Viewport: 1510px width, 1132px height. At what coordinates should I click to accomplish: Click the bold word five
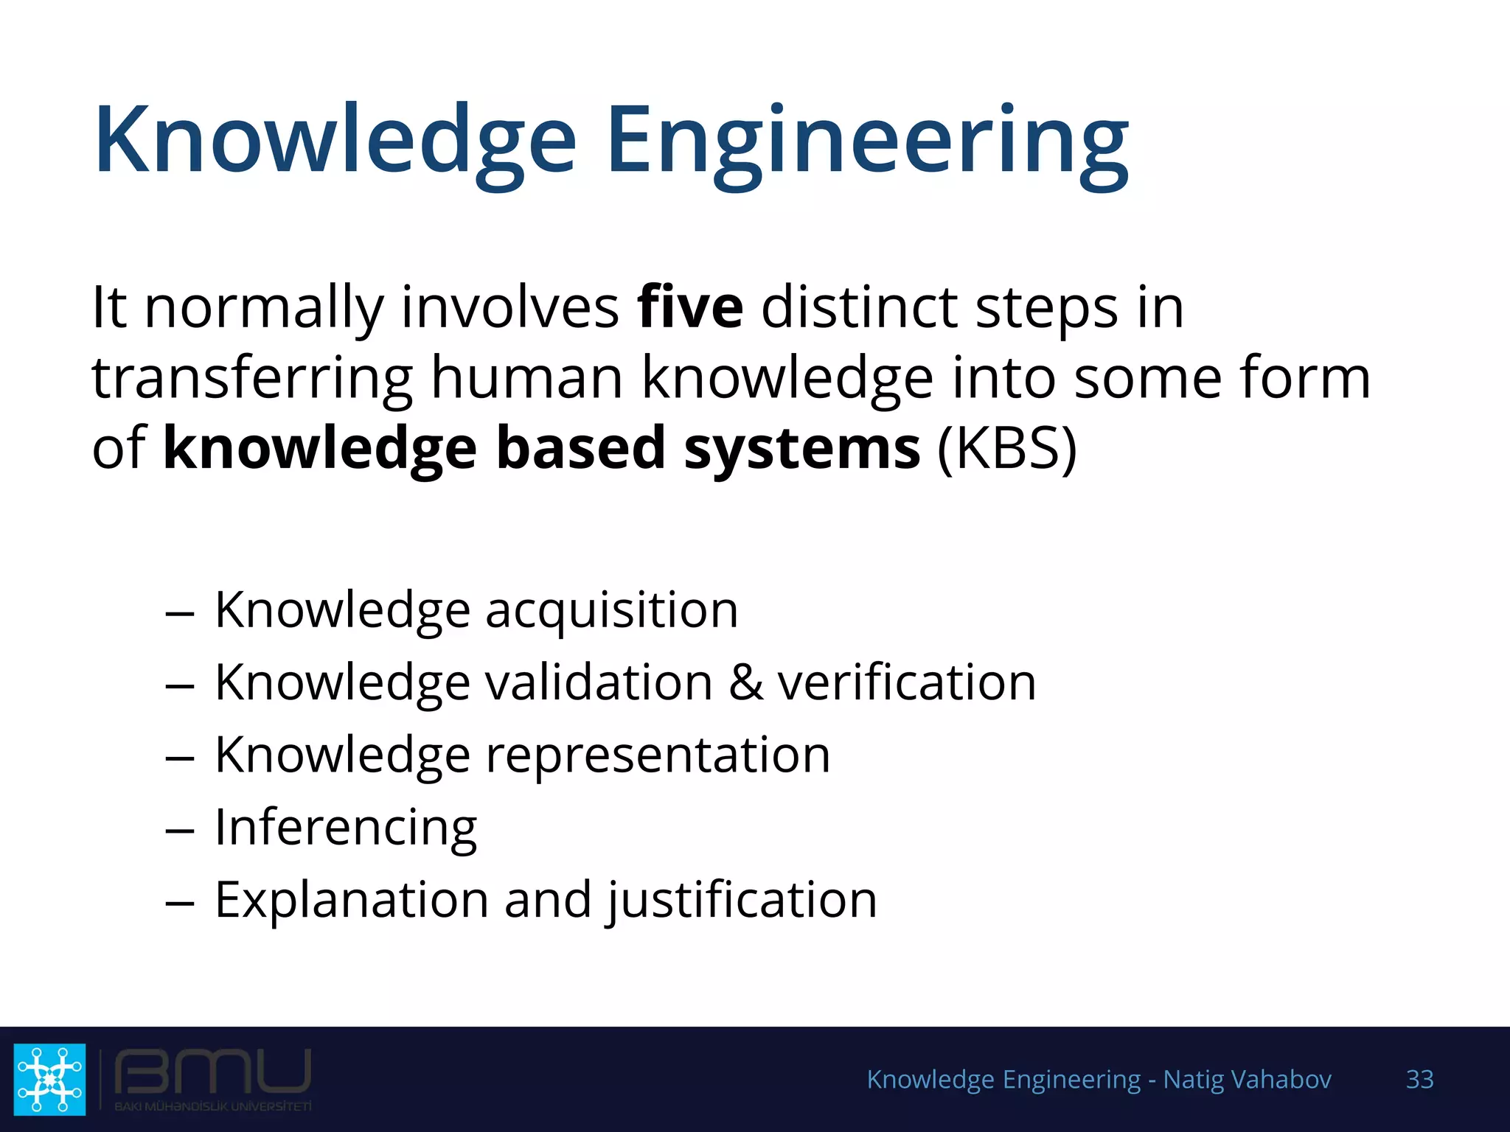[690, 307]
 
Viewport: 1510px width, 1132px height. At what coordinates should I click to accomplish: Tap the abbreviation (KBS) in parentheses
[1006, 448]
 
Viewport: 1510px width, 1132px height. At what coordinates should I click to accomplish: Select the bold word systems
[801, 448]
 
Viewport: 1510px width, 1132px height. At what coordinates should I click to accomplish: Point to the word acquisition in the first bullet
[611, 610]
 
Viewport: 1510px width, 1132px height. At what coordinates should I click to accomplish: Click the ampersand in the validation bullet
[745, 682]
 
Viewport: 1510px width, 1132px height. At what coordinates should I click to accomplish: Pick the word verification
[907, 682]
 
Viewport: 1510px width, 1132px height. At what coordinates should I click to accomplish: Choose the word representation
[658, 755]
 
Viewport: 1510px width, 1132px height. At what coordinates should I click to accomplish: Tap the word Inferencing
[346, 828]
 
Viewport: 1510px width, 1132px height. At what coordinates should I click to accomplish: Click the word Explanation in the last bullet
[352, 900]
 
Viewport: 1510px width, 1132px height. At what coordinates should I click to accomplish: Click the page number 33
[1419, 1079]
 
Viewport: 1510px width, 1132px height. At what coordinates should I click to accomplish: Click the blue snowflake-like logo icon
[49, 1078]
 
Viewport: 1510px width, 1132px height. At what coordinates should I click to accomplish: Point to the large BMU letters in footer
[212, 1072]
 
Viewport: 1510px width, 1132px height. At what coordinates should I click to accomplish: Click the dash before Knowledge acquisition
[180, 612]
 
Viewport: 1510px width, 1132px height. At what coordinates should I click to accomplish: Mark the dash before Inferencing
[180, 831]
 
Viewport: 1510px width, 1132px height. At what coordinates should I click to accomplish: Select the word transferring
[251, 377]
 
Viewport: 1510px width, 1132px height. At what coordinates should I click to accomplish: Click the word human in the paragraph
[527, 377]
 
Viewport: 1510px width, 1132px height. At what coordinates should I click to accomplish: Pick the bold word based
[581, 448]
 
